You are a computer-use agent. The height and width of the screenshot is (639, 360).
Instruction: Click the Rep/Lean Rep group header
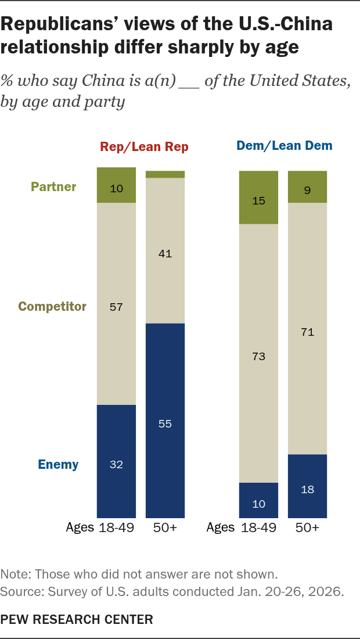[x=145, y=147]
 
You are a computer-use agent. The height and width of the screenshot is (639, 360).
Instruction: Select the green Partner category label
[x=54, y=187]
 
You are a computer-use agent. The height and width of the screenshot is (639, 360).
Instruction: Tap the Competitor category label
[x=52, y=306]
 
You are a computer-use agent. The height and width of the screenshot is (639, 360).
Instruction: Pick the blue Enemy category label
[x=58, y=464]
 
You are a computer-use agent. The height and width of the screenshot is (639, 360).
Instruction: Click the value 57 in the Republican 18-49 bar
[x=116, y=306]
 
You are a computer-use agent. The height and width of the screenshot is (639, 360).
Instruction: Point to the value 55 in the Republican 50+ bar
[x=165, y=423]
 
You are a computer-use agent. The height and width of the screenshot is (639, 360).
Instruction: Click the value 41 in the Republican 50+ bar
[x=165, y=253]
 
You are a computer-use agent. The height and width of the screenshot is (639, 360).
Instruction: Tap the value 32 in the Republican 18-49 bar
[x=116, y=464]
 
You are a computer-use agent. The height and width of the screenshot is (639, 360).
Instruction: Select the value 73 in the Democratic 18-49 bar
[x=258, y=356]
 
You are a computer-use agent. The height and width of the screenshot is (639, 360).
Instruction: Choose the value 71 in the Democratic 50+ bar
[x=308, y=332]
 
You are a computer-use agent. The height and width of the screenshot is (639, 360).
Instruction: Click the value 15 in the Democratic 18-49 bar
[x=258, y=200]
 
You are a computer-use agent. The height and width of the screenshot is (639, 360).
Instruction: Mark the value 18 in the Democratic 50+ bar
[x=308, y=489]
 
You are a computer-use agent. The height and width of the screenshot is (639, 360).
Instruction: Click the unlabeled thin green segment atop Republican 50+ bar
[x=165, y=174]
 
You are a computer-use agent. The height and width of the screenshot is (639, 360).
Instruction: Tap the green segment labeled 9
[x=308, y=187]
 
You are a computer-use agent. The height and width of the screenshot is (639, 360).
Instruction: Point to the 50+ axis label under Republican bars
[x=165, y=528]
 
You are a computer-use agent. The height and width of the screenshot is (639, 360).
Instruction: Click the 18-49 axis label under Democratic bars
[x=258, y=528]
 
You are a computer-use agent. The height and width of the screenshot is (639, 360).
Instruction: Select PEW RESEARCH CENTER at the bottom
[x=77, y=620]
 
